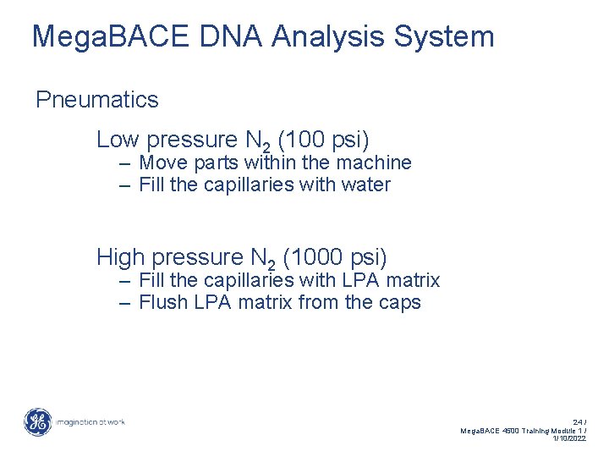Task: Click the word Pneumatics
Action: click(x=96, y=100)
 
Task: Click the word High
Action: click(x=122, y=256)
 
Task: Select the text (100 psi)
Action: click(x=323, y=140)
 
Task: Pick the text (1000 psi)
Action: click(x=336, y=256)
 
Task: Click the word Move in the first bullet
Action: click(x=164, y=162)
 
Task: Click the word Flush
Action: click(x=162, y=302)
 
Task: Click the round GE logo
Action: click(x=37, y=421)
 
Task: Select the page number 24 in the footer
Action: click(x=578, y=421)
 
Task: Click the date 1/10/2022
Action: click(x=568, y=438)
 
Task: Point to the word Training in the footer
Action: click(x=532, y=430)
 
